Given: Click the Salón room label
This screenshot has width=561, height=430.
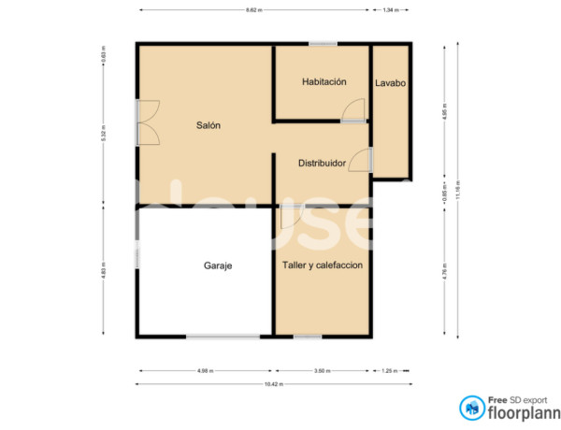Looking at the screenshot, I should click(208, 125).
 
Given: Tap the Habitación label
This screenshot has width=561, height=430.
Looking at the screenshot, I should click(324, 82).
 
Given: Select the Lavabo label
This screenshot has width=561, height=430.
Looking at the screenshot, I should click(391, 83).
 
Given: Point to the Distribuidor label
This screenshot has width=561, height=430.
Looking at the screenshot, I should click(322, 163).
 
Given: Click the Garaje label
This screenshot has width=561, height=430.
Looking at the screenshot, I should click(217, 265).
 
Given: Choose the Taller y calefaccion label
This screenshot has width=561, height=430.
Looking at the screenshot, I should click(323, 265).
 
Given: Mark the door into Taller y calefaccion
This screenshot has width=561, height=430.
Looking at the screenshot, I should click(291, 216).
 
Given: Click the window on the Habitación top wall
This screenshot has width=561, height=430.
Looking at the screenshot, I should click(324, 43).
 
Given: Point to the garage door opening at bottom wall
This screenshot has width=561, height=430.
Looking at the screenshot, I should click(223, 336).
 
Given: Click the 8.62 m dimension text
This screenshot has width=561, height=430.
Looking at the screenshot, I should click(253, 10).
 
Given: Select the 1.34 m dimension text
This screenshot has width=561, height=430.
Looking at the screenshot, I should click(391, 10).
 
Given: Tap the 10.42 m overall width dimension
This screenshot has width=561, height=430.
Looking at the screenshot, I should click(273, 384).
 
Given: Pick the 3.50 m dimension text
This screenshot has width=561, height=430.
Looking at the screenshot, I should click(322, 371).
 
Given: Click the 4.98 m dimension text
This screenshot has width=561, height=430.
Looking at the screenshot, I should click(206, 371).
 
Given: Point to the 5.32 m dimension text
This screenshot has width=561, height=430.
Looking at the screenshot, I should click(104, 133).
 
